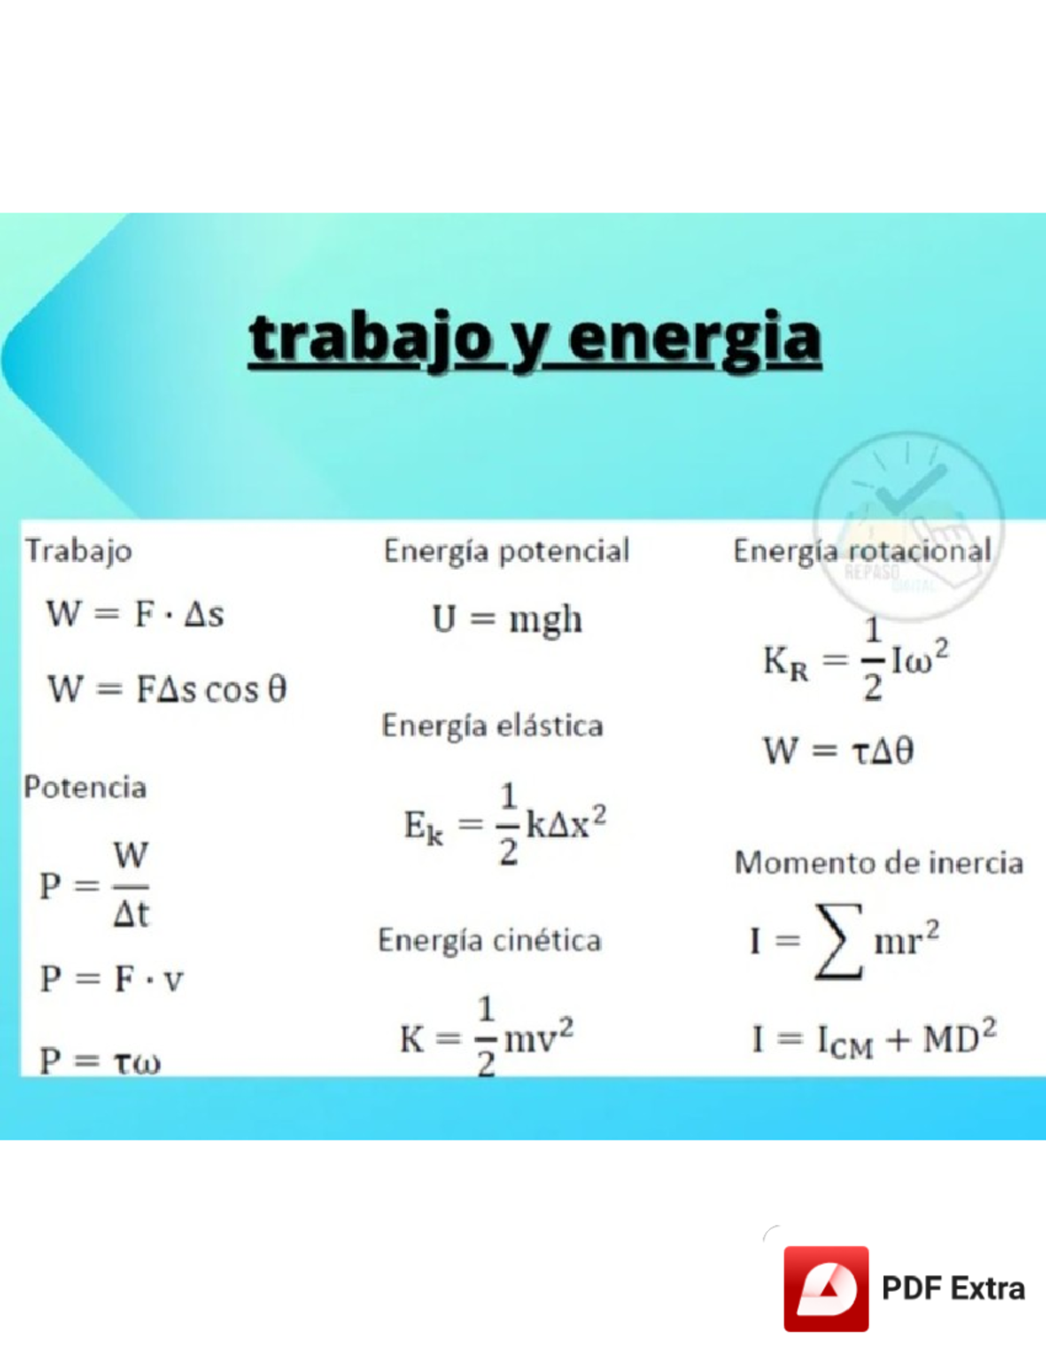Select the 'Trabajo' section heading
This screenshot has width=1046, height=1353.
(78, 551)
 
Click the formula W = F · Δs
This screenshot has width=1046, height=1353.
(135, 614)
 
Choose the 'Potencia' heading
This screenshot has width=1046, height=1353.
(85, 788)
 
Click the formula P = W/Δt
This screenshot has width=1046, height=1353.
(96, 885)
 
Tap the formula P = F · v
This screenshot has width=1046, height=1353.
(112, 979)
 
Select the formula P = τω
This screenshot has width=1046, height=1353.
(100, 1061)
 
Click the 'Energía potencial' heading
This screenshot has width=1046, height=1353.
(506, 551)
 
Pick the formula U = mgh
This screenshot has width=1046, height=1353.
(507, 619)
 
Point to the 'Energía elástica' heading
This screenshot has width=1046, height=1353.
(492, 726)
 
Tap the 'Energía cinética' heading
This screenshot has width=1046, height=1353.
(490, 941)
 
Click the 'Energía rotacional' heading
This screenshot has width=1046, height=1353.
(862, 551)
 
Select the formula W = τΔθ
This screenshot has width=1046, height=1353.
(839, 750)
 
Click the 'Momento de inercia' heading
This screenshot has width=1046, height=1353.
(879, 863)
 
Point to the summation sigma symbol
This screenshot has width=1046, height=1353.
(838, 941)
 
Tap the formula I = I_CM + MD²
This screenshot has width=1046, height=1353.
(873, 1038)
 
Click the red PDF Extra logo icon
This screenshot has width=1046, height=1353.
(825, 1289)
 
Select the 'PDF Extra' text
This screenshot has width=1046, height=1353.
(953, 1289)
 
